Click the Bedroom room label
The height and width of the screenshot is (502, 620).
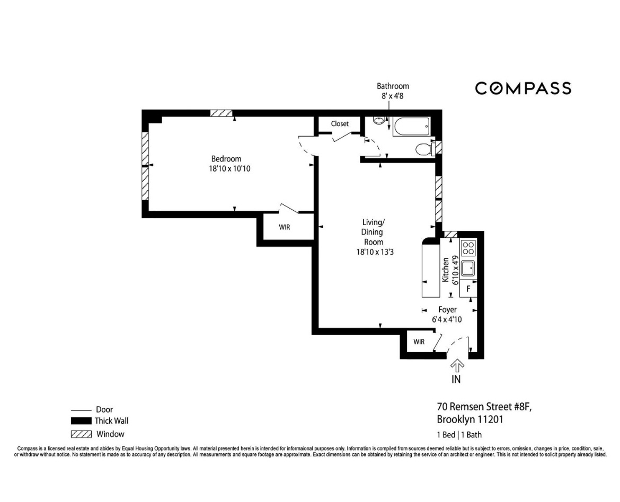[x=226, y=159]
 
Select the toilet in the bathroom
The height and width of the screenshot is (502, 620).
[x=424, y=149]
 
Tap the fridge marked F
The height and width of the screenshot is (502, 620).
[x=468, y=289]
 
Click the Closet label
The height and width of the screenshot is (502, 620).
[x=340, y=124]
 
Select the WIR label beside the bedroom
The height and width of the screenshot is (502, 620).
[x=285, y=227]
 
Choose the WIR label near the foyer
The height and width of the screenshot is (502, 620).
[x=419, y=342]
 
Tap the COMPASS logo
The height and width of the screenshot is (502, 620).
[x=523, y=88]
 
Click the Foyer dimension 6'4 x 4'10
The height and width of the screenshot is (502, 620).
[x=447, y=319]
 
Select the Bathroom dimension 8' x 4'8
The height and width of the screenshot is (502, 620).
[x=393, y=96]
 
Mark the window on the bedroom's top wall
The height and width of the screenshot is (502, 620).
[x=222, y=113]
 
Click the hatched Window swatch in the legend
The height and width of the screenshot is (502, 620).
[x=81, y=434]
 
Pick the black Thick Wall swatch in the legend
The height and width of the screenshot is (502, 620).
[x=81, y=422]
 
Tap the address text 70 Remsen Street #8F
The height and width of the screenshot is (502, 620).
[x=484, y=407]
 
